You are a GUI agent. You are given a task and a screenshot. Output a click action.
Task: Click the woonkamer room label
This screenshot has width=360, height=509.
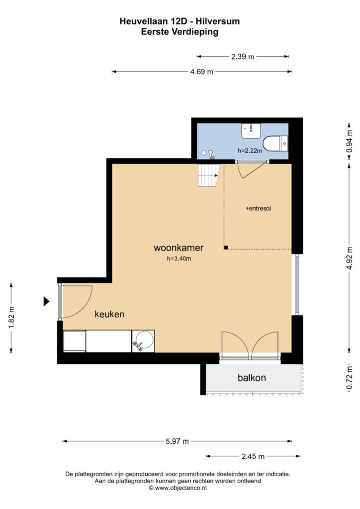[179, 248]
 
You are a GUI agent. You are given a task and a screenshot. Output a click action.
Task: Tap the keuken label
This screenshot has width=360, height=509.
[109, 314]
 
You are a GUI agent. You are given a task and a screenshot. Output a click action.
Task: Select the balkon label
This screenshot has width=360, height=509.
[252, 378]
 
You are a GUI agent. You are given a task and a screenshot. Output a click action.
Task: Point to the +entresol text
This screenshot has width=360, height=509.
[259, 208]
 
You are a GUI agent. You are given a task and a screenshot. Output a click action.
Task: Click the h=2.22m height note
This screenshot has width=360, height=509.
[250, 151]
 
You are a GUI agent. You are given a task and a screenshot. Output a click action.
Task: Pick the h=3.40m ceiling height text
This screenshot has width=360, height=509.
[179, 258]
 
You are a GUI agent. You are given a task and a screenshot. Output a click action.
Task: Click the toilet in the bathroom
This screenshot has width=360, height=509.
[275, 144]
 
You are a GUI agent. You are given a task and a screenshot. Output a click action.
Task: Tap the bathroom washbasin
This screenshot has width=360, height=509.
[251, 131]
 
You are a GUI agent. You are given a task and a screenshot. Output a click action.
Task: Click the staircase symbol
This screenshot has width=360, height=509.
[209, 175]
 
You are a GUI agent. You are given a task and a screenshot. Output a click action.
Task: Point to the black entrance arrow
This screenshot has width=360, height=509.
[46, 302]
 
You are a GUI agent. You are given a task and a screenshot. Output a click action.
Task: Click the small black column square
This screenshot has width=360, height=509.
[226, 248]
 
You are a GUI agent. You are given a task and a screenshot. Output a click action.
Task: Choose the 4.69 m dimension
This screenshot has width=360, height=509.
[201, 72]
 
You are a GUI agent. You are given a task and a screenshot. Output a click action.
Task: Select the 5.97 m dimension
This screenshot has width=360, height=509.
[177, 441]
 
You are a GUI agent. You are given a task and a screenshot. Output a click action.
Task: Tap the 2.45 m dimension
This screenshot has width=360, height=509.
[253, 456]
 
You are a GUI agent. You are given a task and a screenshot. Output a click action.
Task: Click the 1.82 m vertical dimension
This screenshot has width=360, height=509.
[11, 318]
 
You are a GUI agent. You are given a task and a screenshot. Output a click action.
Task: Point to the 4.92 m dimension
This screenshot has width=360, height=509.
[349, 258]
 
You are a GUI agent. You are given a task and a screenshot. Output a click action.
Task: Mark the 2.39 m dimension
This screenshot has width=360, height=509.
[243, 57]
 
